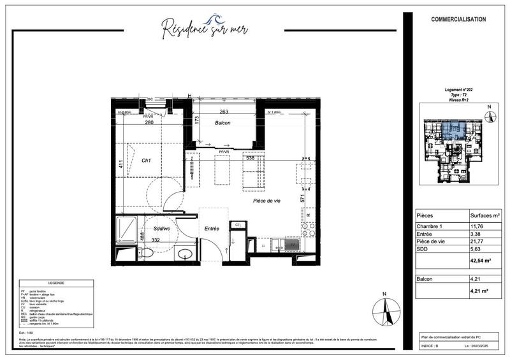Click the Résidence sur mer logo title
pos(205,28)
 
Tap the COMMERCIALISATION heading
pos(458,18)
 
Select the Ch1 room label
pos(145,161)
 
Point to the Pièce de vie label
pos(266,201)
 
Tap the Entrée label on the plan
pos(212,228)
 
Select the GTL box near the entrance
pos(238,225)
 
